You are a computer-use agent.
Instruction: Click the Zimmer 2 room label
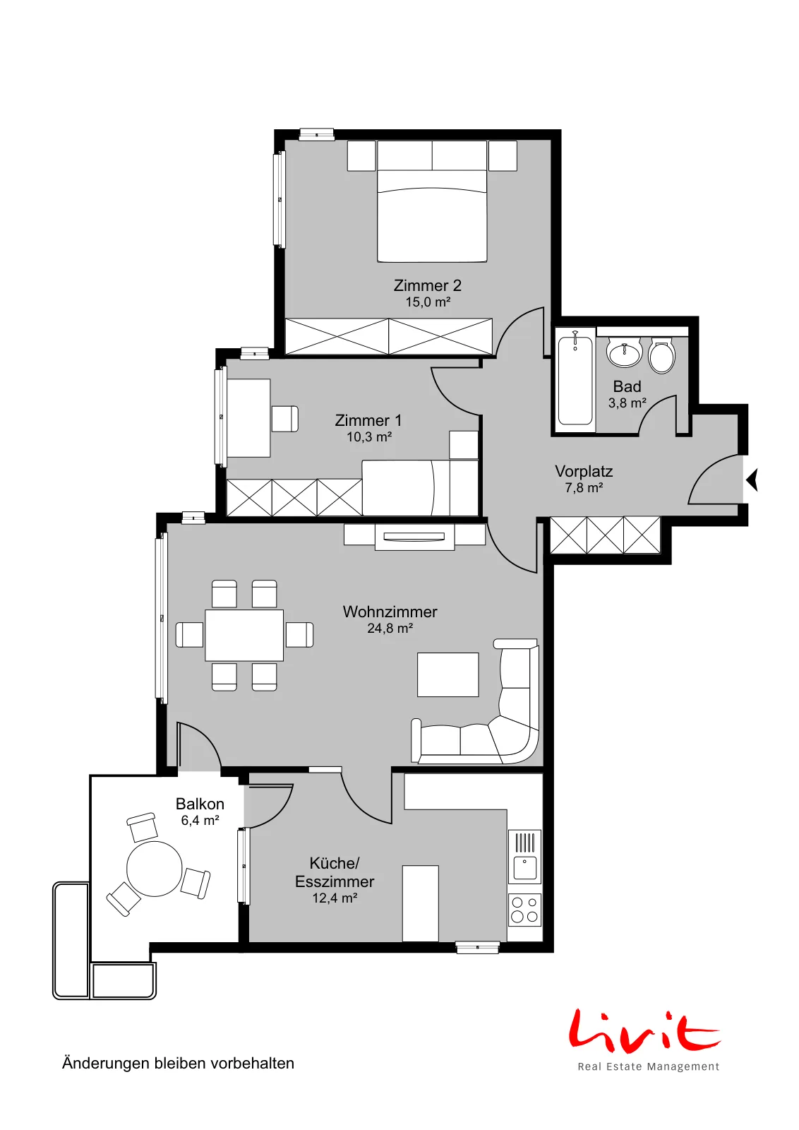click(427, 285)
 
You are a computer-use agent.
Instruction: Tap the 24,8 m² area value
click(390, 628)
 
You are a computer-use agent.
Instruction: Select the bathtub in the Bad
click(575, 381)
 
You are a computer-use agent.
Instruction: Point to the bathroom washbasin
click(624, 352)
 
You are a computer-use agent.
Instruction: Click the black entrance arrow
click(752, 480)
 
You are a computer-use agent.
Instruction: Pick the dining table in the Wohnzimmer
click(244, 635)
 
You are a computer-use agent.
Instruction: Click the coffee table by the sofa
click(448, 674)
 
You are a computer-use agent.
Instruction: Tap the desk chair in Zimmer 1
click(285, 419)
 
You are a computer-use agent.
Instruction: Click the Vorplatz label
click(584, 471)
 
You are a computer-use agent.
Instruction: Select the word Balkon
click(200, 804)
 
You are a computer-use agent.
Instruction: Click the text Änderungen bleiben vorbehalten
click(178, 1063)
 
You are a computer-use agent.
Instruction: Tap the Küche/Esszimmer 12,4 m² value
click(335, 898)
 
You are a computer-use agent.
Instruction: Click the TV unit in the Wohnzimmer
click(414, 537)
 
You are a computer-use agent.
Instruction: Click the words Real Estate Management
click(648, 1066)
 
